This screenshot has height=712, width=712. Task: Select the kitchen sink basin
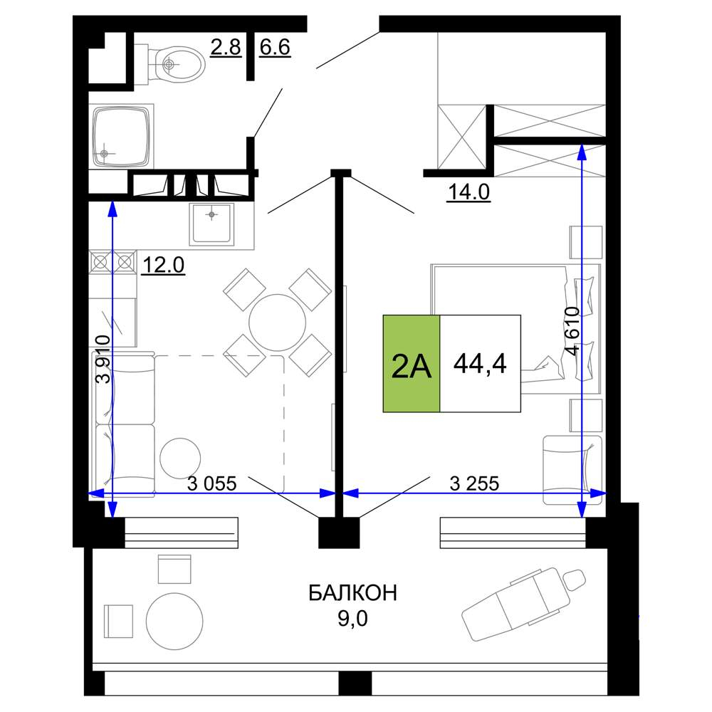click(x=211, y=224)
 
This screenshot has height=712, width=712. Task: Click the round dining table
click(x=277, y=322)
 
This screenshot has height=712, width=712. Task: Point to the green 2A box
click(x=412, y=364)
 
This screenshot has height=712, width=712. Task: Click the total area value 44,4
click(x=480, y=364)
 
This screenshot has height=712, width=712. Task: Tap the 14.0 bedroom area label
click(x=468, y=192)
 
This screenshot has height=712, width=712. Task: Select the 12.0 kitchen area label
click(x=164, y=265)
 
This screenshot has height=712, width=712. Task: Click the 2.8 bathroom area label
click(x=226, y=47)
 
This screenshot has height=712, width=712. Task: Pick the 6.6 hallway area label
click(x=275, y=47)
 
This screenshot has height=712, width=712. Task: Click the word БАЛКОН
click(x=353, y=593)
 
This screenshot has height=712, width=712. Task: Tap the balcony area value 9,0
click(x=353, y=619)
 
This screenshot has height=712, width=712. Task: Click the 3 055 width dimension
click(x=212, y=484)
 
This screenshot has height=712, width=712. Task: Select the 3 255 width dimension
click(x=474, y=484)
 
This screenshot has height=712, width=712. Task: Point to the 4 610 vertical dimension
click(x=572, y=330)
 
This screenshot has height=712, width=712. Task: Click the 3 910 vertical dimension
click(x=103, y=360)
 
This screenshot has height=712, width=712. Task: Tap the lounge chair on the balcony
click(x=523, y=604)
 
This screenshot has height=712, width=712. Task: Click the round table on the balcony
click(x=174, y=621)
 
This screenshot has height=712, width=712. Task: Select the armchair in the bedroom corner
click(x=572, y=470)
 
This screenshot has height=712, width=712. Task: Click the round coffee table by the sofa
click(x=180, y=459)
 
